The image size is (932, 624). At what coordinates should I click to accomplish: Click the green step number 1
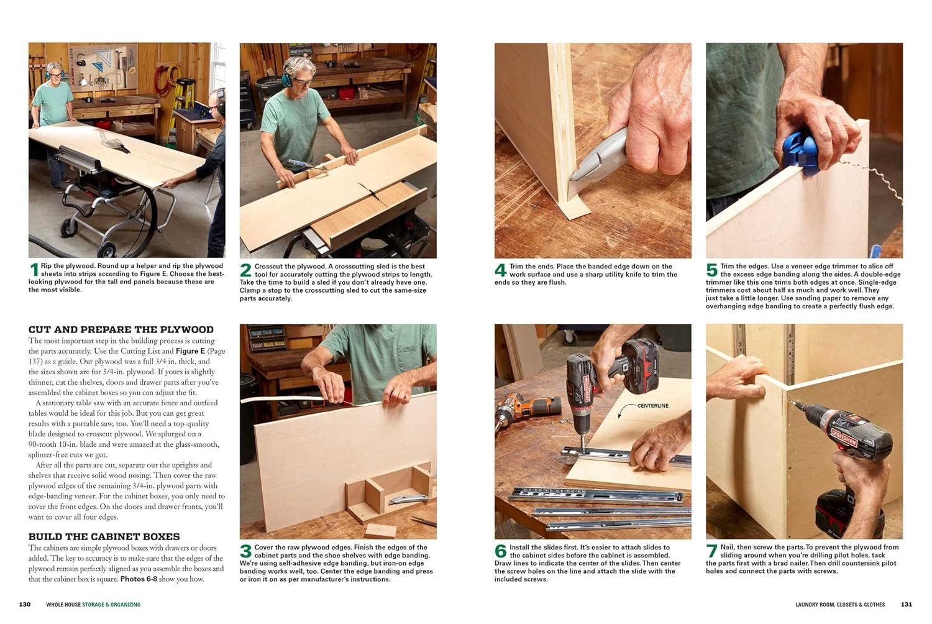(34, 270)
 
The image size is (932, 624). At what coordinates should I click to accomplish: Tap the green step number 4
(501, 270)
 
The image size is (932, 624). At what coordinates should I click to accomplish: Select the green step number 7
(711, 551)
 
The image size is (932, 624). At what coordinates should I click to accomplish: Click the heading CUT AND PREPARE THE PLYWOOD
(121, 329)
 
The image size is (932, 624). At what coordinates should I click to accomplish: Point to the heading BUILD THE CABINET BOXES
(104, 536)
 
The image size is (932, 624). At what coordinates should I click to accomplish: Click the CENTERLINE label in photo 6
(653, 406)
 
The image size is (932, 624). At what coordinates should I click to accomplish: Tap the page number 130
(25, 605)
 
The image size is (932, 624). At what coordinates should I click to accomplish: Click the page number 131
(907, 605)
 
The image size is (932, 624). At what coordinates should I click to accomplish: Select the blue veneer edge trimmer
(800, 152)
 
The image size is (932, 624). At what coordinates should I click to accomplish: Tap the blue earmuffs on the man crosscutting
(286, 80)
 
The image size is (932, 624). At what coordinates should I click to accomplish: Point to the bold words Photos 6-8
(139, 579)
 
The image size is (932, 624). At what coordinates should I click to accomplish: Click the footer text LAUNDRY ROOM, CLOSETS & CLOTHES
(840, 605)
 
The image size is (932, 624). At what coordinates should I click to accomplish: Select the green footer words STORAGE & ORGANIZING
(111, 605)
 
